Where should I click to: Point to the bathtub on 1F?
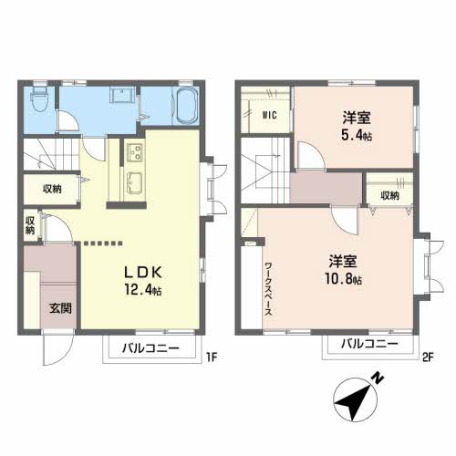[x=185, y=108]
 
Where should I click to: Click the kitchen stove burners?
[x=133, y=150]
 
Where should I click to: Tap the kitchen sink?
[x=134, y=179]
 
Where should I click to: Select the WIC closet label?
[x=270, y=115]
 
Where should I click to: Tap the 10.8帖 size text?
[x=341, y=278]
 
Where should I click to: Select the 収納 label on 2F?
[x=389, y=195]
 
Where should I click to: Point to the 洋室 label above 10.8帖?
[x=341, y=259]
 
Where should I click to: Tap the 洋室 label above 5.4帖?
[x=357, y=118]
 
